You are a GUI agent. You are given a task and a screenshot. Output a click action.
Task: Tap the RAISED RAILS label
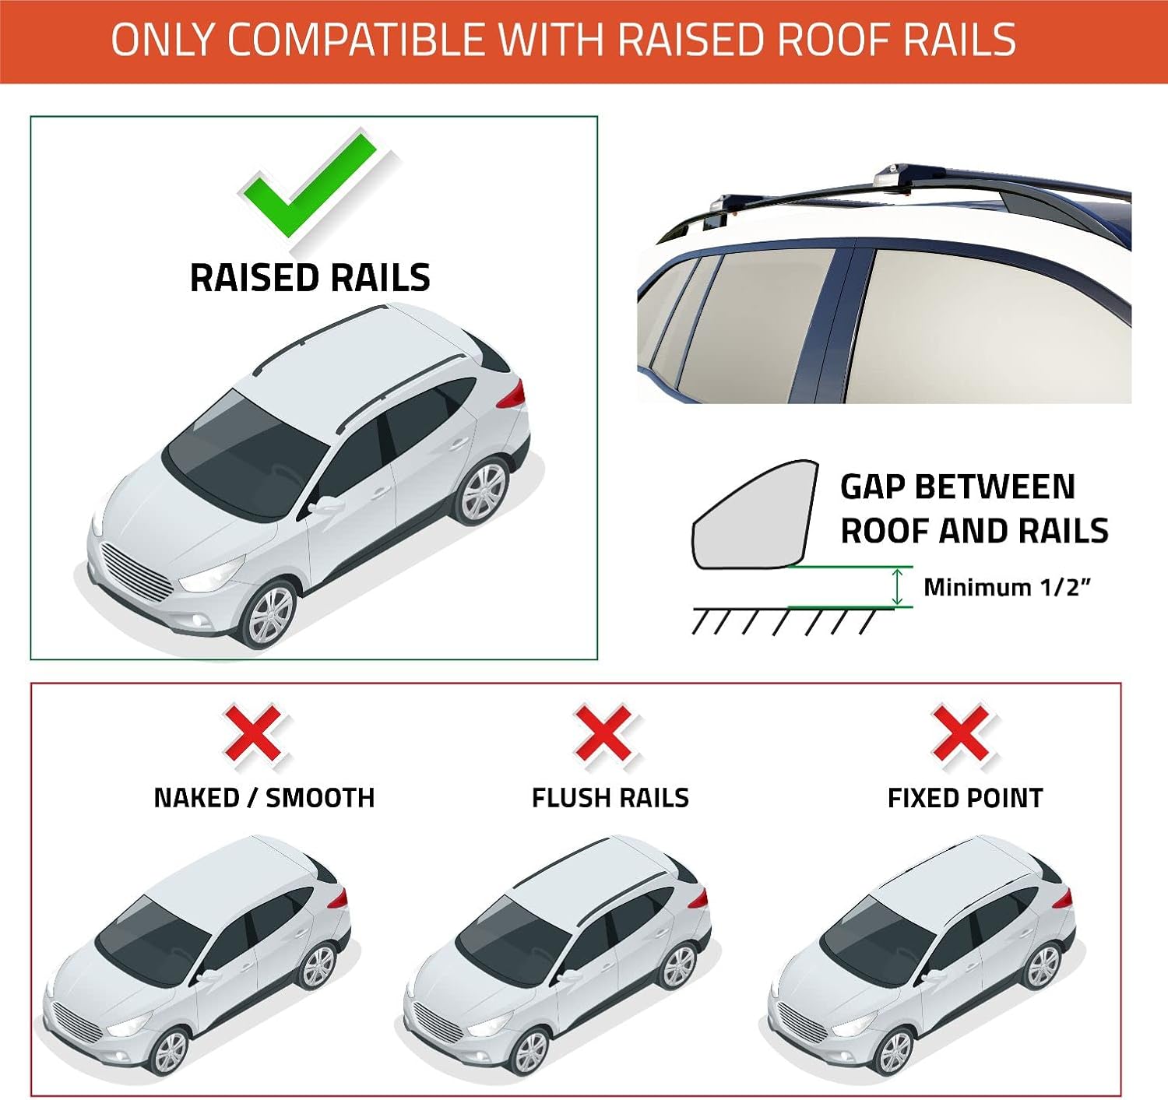click(310, 277)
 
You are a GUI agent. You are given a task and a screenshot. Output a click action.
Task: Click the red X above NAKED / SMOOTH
click(255, 733)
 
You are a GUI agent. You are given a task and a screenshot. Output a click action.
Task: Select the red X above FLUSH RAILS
click(604, 733)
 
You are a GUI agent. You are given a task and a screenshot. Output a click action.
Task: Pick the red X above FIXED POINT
click(962, 733)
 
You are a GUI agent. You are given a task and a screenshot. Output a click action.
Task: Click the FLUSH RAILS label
click(610, 798)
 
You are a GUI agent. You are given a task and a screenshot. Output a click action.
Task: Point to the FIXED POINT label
click(965, 798)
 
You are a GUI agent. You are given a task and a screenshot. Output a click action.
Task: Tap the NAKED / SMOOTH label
click(264, 798)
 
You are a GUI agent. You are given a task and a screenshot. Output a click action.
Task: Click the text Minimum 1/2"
click(1008, 587)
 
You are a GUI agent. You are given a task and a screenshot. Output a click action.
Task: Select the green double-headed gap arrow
click(897, 586)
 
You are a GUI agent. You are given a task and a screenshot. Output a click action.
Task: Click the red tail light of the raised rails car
click(511, 394)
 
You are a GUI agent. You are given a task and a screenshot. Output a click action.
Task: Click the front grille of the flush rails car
click(438, 1022)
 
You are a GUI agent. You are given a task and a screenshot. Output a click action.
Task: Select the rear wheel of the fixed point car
click(1042, 967)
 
